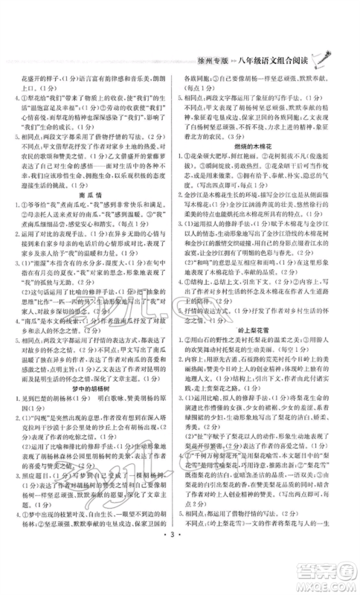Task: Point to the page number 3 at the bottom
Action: coord(179,575)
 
